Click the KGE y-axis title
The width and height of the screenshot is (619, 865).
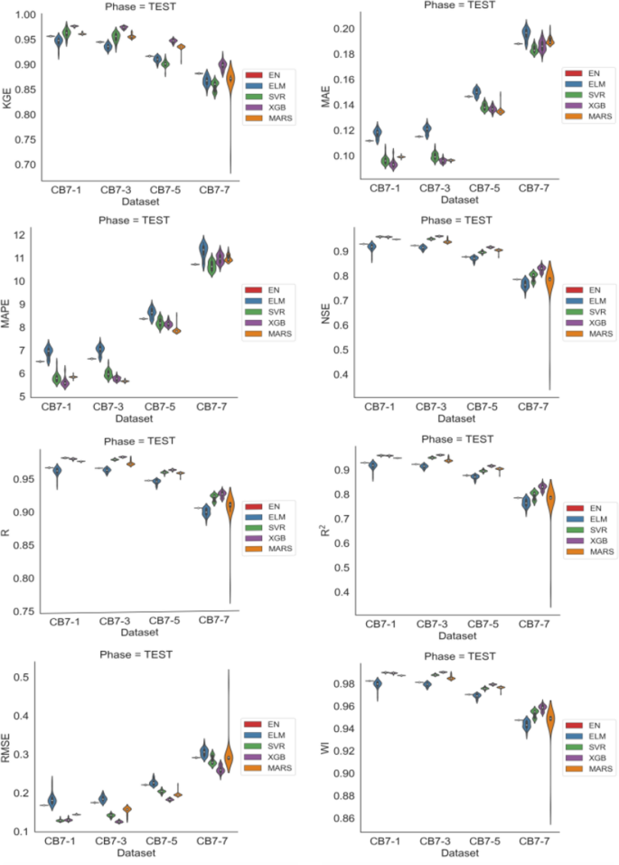[8, 92]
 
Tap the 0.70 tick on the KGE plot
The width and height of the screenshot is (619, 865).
[22, 165]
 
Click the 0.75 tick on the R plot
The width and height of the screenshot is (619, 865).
[22, 611]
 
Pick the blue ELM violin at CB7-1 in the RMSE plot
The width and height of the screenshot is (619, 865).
[52, 800]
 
